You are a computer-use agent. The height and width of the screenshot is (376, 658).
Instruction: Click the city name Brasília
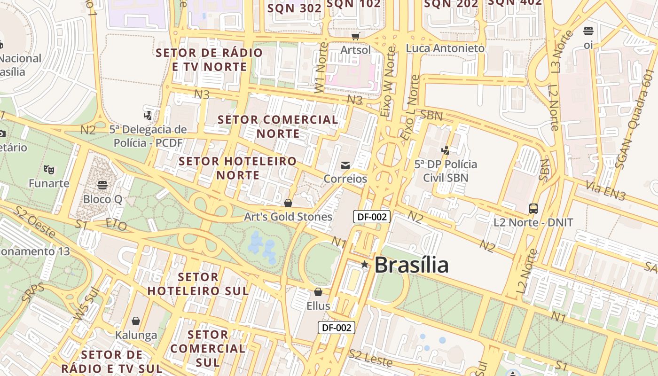pos(411,265)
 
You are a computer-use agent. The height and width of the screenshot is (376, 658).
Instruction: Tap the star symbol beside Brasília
pos(364,265)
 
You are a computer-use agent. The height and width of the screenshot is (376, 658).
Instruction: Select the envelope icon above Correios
pos(345,165)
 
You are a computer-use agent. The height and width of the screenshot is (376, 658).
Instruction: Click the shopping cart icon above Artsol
pos(355,36)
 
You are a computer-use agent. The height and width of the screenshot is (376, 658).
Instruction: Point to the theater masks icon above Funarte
pos(48,169)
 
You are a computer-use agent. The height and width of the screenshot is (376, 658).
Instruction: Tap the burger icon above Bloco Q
pos(102,185)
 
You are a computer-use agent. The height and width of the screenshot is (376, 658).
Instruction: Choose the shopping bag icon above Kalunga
pos(136,321)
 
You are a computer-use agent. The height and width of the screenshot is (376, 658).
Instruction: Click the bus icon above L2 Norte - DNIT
pos(533,208)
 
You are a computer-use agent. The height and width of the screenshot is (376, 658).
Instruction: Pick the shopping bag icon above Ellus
pos(318,292)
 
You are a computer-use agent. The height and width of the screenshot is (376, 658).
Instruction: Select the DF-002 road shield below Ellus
pos(336,328)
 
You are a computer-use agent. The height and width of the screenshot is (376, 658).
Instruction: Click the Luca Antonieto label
pos(445,48)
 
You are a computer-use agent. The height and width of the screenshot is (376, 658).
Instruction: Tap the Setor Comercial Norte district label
pos(278,126)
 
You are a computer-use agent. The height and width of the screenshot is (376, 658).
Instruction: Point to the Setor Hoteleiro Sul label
pos(198,283)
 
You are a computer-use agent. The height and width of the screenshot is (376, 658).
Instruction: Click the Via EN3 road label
pos(606,190)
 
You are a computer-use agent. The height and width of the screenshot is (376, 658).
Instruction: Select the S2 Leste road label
pos(370,358)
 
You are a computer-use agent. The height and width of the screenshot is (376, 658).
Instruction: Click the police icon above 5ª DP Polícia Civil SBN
pos(445,150)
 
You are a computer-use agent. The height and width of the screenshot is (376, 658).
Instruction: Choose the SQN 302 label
pos(294,8)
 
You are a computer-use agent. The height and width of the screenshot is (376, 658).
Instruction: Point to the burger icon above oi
pos(588,31)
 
